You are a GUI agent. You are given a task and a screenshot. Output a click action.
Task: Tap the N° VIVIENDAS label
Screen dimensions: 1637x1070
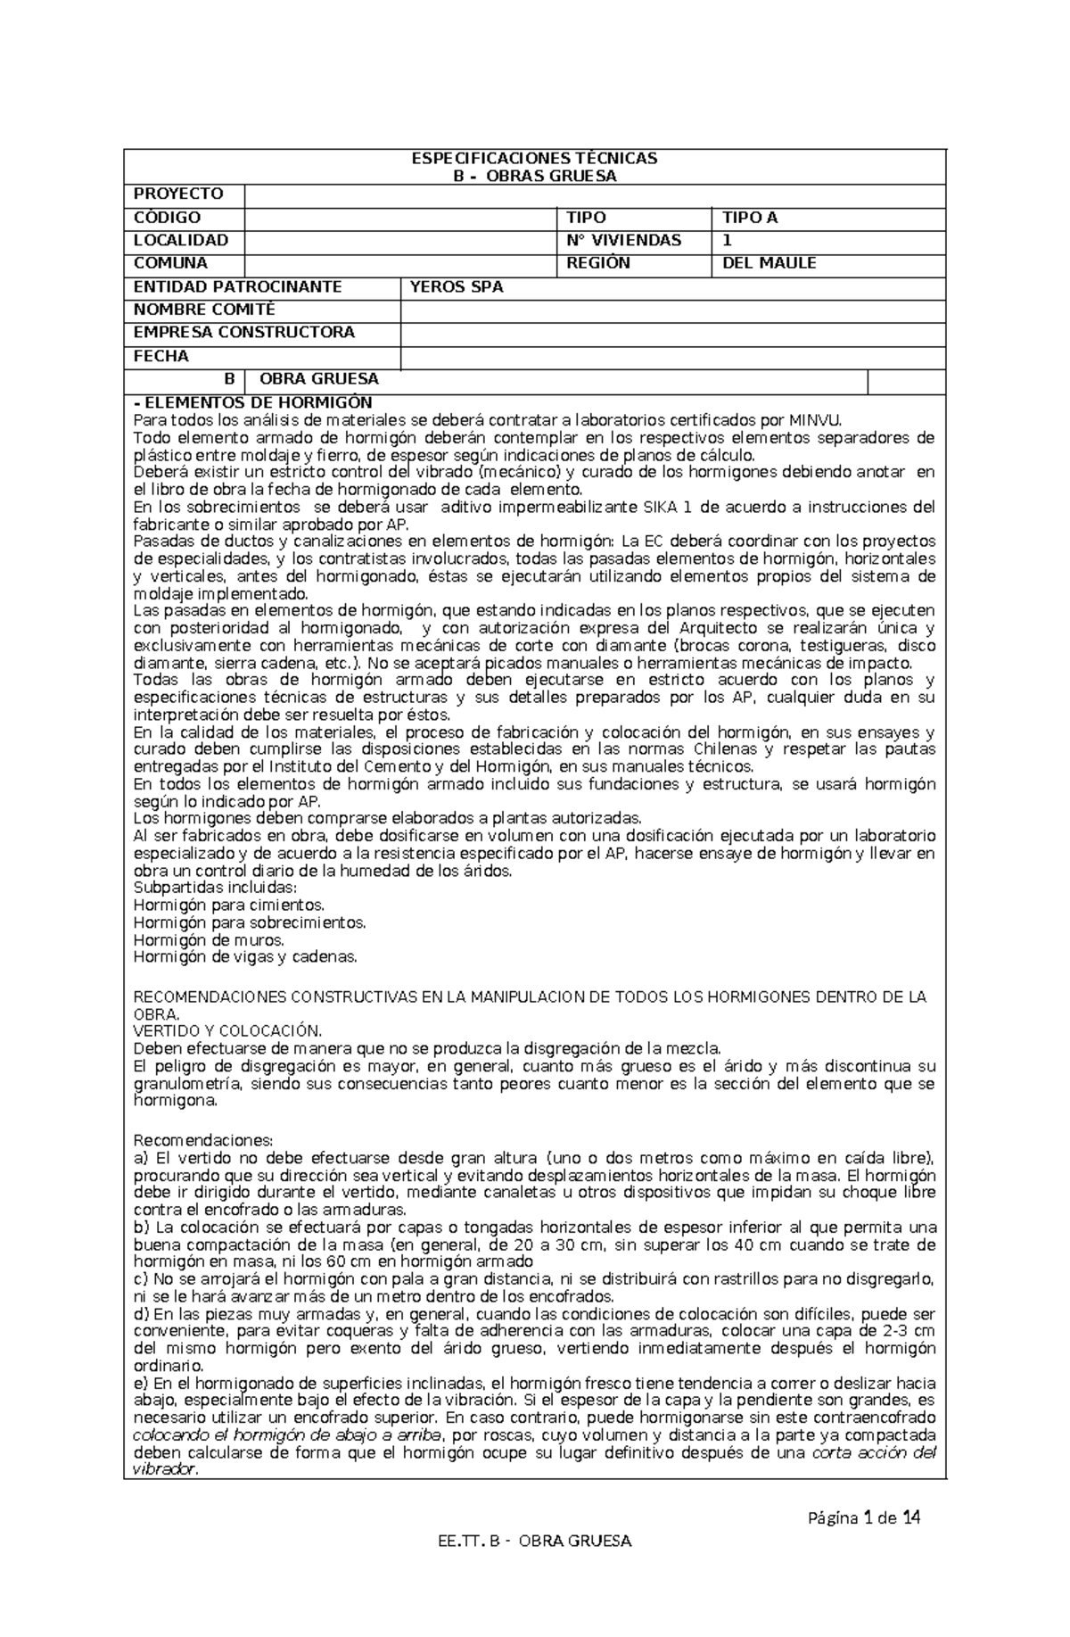[623, 241]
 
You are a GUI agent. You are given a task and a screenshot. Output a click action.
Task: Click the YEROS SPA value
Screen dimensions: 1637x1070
[456, 287]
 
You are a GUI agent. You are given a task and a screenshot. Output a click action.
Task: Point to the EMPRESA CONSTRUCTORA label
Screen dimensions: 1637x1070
[243, 333]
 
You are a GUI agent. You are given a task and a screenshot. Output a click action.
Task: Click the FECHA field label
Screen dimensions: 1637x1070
[160, 357]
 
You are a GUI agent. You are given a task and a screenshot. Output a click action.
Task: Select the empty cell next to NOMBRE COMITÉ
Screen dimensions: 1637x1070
[672, 310]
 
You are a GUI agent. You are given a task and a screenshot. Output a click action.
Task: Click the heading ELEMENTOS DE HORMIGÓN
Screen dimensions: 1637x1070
[252, 403]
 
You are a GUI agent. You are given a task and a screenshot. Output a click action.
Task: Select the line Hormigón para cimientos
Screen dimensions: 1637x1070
[228, 905]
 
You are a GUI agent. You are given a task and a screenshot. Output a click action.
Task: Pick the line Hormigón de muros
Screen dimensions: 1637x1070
[209, 940]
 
